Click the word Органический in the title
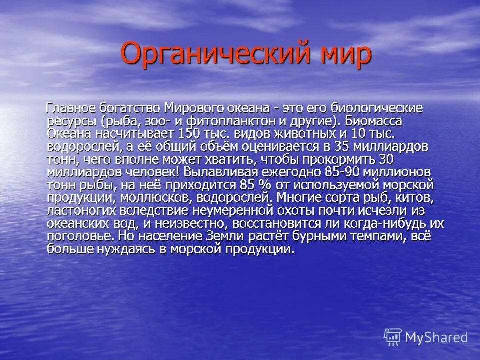(205, 53)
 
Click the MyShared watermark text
(435, 337)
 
